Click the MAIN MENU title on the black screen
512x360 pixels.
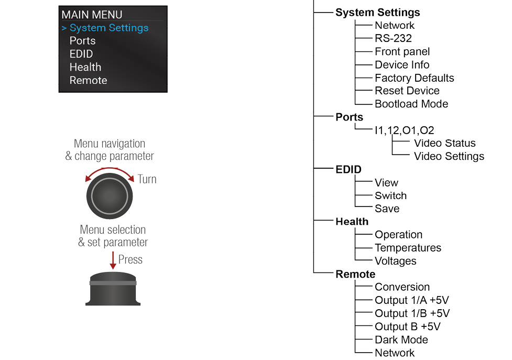pyautogui.click(x=92, y=15)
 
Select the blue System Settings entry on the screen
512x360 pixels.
pyautogui.click(x=109, y=28)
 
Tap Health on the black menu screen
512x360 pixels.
pyautogui.click(x=85, y=67)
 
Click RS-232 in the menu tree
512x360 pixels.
pyautogui.click(x=393, y=38)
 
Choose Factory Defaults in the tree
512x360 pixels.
pyautogui.click(x=415, y=78)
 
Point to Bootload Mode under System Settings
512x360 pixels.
pyautogui.click(x=411, y=104)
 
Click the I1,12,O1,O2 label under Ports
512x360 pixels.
pyautogui.click(x=405, y=130)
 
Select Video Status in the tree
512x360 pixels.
pyautogui.click(x=445, y=143)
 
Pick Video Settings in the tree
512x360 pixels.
pyautogui.click(x=449, y=156)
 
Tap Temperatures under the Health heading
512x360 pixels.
pyautogui.click(x=408, y=248)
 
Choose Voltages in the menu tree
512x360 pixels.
pyautogui.click(x=396, y=261)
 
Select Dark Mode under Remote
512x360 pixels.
pyautogui.click(x=401, y=340)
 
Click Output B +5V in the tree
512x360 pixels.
pyautogui.click(x=408, y=326)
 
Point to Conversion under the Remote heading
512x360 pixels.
pyautogui.click(x=402, y=287)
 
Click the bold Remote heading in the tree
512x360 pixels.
pyautogui.click(x=355, y=274)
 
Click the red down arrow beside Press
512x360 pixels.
pyautogui.click(x=113, y=260)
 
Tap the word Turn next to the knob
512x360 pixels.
pyautogui.click(x=147, y=179)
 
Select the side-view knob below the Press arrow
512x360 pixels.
pyautogui.click(x=113, y=289)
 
